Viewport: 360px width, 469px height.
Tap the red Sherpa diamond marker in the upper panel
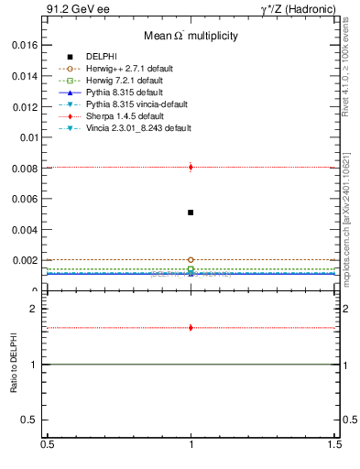191,167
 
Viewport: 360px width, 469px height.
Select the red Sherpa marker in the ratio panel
191,327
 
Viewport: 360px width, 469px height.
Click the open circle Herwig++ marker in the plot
191,259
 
